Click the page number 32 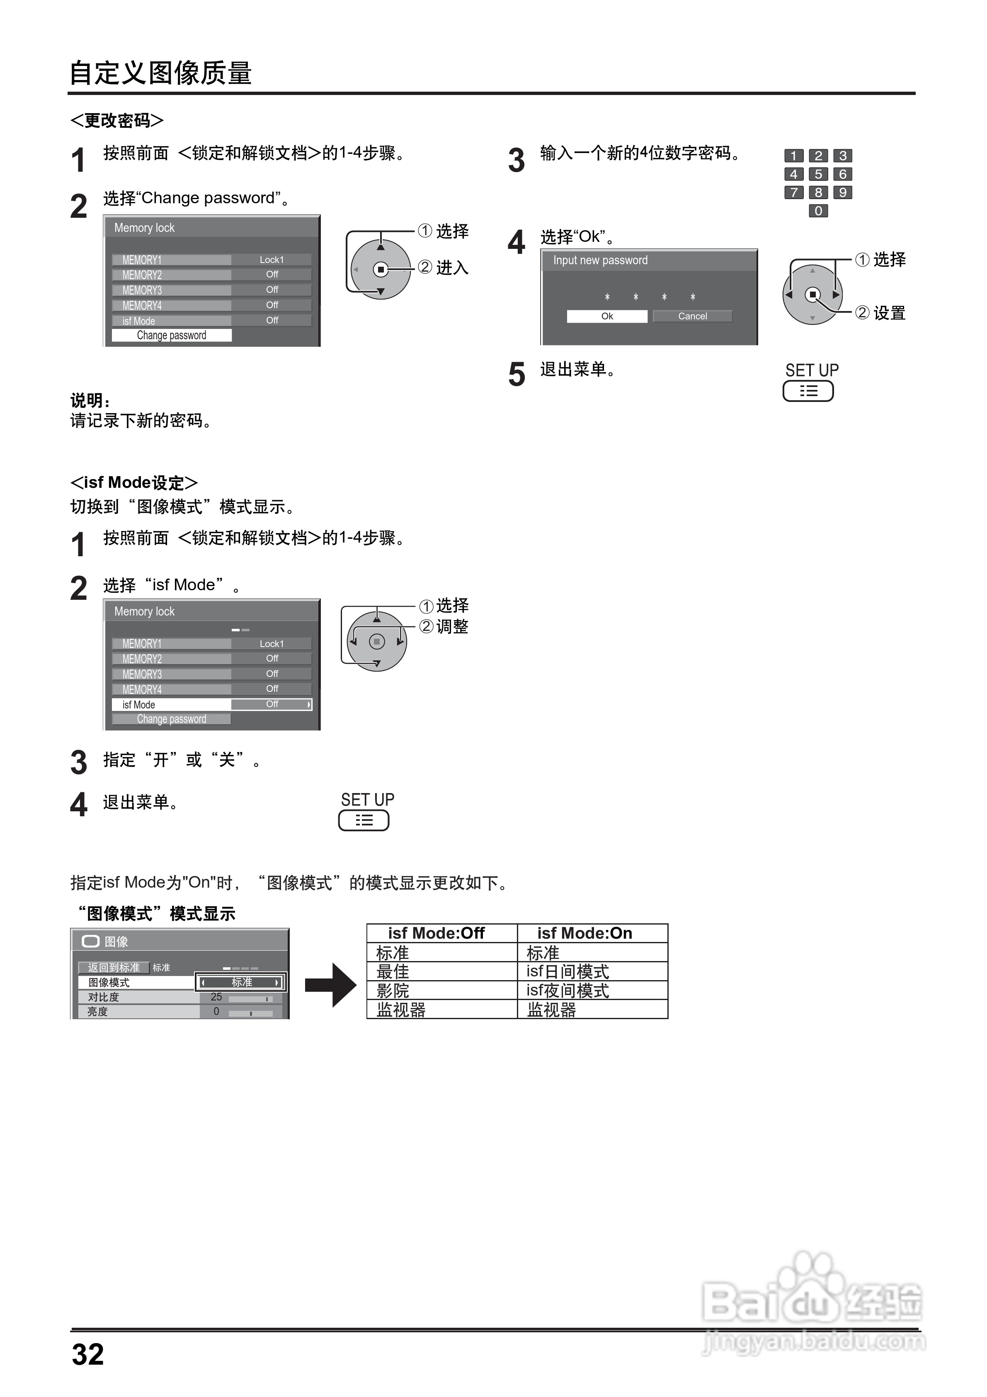88,1354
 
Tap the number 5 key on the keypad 818,175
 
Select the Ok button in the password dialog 607,316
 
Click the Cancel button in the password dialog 692,316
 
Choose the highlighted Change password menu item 172,335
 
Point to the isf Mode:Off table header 436,933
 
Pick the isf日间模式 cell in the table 567,972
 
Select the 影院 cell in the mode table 393,991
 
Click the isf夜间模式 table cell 567,991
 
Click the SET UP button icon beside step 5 808,391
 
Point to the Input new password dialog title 600,260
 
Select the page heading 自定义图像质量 160,73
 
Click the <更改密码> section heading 117,120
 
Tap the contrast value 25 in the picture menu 216,997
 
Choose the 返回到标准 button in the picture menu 114,967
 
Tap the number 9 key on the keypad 842,193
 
